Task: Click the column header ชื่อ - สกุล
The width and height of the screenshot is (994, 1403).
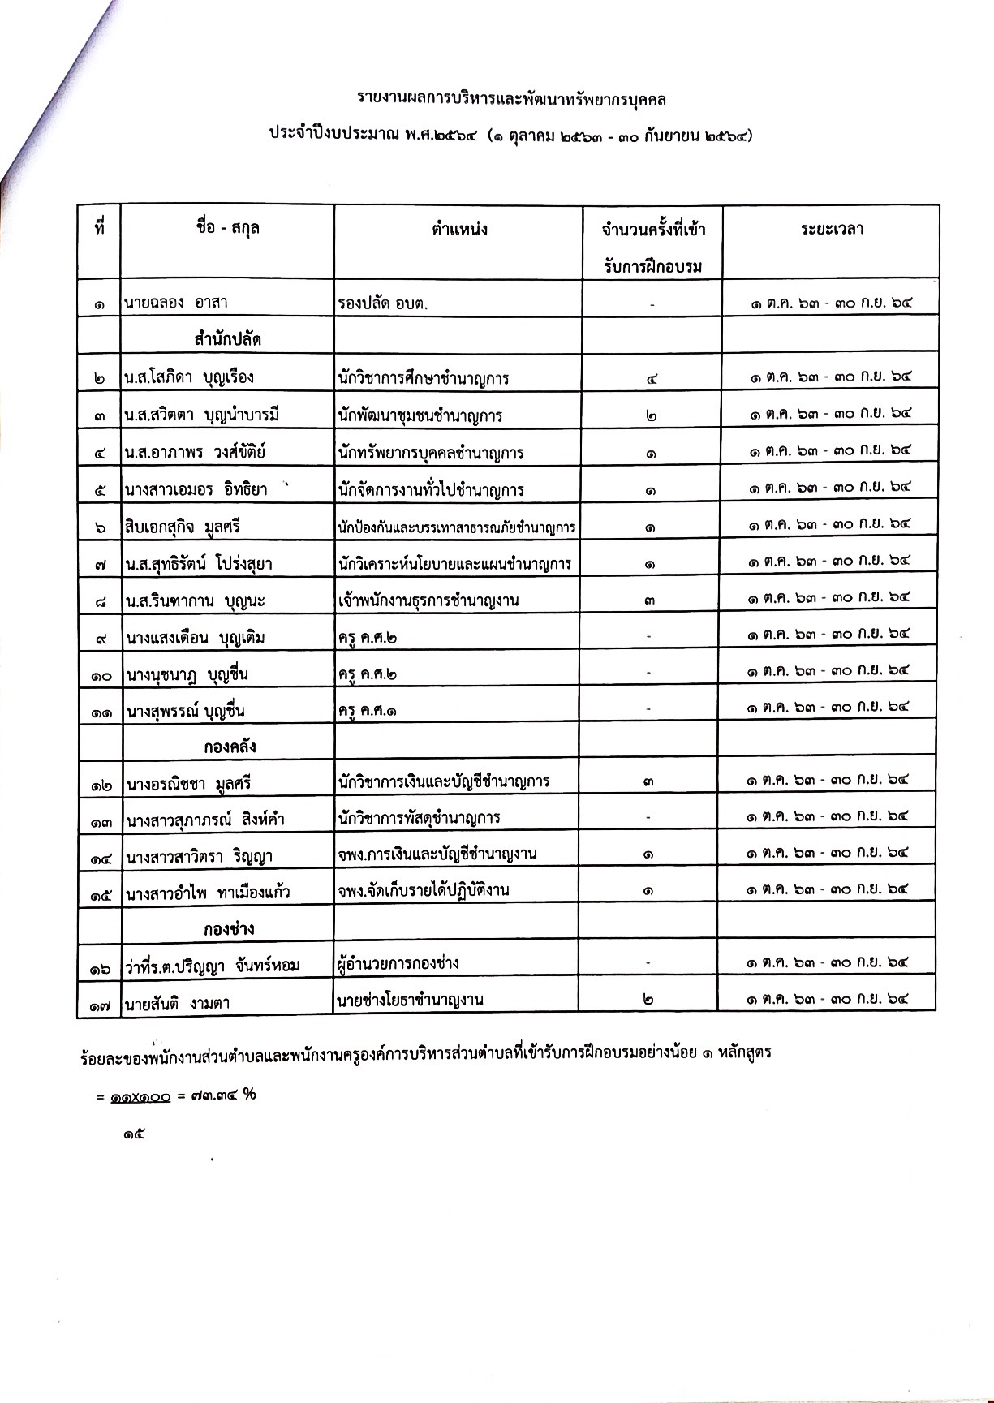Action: (x=227, y=229)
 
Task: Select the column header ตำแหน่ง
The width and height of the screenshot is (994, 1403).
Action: (x=459, y=229)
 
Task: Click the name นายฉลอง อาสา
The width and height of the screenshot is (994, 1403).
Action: (x=176, y=303)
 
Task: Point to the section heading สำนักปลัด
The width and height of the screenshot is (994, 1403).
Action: (x=227, y=339)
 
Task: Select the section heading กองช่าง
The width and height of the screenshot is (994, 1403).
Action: (x=229, y=927)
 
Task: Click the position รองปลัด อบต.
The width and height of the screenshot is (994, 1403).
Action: (x=383, y=303)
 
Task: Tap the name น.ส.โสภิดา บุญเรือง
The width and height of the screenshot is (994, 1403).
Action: (x=189, y=377)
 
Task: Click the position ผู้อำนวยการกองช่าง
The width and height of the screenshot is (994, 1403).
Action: (x=398, y=964)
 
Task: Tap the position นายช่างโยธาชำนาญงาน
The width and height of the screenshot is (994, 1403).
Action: (x=411, y=1001)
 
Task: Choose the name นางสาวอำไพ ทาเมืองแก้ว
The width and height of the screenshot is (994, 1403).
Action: (x=208, y=893)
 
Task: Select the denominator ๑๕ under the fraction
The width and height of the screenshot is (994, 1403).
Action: (x=134, y=1134)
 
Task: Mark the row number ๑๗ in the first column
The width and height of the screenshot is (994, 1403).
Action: (x=101, y=1004)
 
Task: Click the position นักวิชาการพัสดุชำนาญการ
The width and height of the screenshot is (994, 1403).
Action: (x=419, y=817)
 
